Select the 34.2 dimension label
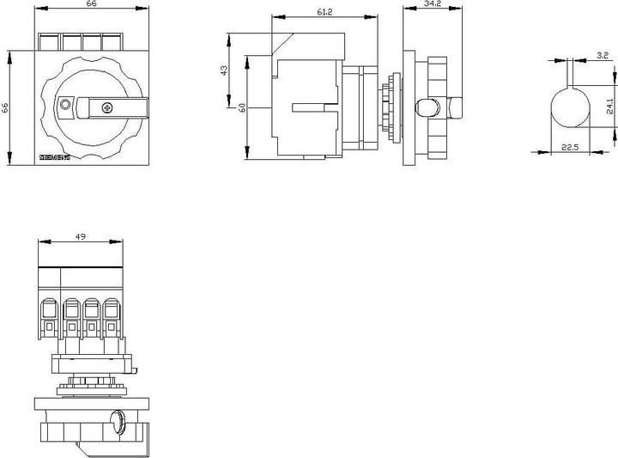pos(433,5)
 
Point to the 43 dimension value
pos(226,71)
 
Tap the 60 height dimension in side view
pos(244,107)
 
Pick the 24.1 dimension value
pos(608,105)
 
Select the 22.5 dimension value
pos(569,147)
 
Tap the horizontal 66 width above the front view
pos(86,5)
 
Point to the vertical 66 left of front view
pos(5,108)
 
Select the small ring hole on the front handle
pos(65,106)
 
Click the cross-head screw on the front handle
pos(106,107)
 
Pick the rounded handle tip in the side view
pos(423,107)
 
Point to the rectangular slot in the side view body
pos(314,107)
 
